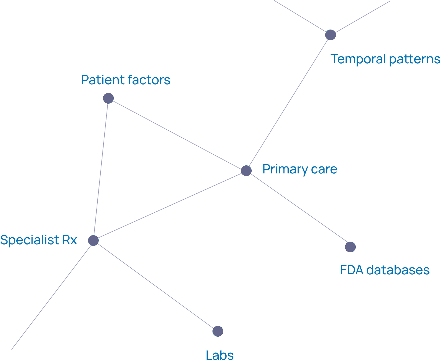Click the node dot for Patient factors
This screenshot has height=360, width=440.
point(108,98)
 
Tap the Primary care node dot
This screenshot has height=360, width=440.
point(246,171)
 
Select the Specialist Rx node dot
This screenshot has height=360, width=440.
point(94,241)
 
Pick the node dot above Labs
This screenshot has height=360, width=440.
point(218,331)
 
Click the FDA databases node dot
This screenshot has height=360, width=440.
point(350,247)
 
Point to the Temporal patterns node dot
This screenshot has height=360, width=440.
point(331,35)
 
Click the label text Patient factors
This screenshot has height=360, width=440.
point(126,80)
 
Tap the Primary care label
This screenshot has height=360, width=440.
point(300,169)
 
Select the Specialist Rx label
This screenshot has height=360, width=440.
point(38,240)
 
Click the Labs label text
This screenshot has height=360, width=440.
point(219,355)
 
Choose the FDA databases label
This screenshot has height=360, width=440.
point(385,270)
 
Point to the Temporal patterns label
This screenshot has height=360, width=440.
point(385,59)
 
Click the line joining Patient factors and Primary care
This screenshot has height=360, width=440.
point(177,134)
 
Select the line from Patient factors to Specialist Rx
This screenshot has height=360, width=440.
point(101,169)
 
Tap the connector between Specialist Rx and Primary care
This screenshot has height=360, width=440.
point(170,206)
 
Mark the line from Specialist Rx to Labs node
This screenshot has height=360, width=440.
point(156,286)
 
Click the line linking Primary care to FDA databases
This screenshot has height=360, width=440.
point(298,209)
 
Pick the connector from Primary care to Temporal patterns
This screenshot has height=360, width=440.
point(288,103)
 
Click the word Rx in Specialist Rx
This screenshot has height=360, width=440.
point(70,240)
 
